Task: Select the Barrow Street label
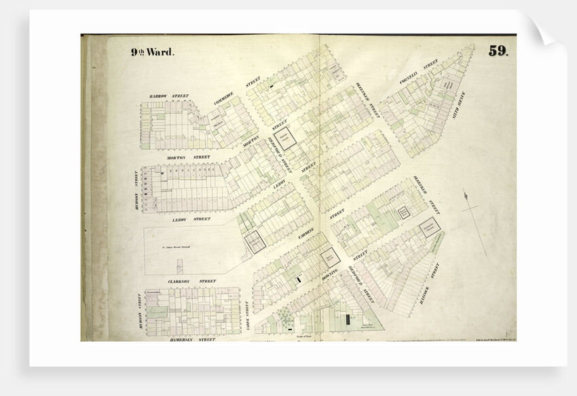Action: (x=170, y=96)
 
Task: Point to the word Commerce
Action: (x=224, y=102)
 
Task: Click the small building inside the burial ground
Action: (x=179, y=264)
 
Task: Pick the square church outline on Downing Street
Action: (x=331, y=258)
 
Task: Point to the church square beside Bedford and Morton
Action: (x=290, y=138)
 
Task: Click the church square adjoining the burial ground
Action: (x=255, y=242)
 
